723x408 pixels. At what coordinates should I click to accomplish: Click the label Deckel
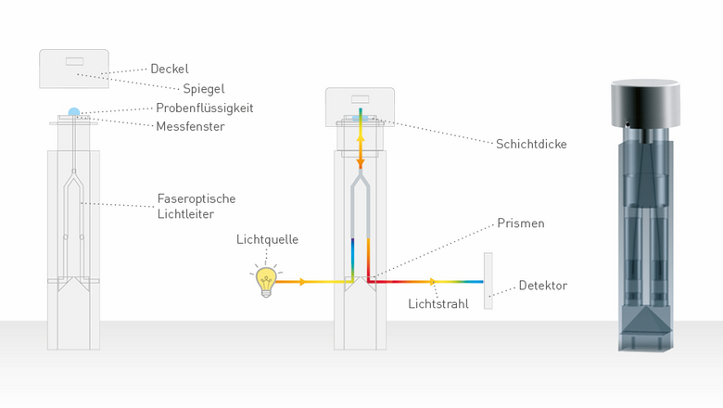[170, 69]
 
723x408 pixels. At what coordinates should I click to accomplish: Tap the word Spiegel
[204, 89]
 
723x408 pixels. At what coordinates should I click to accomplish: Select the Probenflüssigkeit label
[205, 108]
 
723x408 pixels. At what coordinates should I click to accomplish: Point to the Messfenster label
[190, 126]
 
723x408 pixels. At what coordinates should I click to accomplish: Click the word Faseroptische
[197, 198]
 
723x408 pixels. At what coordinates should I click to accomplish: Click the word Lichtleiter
[185, 214]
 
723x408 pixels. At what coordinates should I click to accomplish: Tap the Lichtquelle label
[268, 239]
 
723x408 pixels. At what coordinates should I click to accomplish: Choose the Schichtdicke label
[531, 145]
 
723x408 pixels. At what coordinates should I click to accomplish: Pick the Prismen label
[521, 223]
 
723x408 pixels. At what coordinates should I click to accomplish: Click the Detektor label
[542, 286]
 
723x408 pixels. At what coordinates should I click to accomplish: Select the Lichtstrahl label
[438, 304]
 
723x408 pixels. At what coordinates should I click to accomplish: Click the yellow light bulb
[266, 280]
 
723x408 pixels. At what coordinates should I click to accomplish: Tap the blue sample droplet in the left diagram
[74, 112]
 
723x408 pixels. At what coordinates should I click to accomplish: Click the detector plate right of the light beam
[488, 281]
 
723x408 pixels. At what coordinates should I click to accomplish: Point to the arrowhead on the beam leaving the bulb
[302, 282]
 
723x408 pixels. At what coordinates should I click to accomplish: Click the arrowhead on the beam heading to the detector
[433, 282]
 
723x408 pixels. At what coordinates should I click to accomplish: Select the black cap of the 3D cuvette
[645, 103]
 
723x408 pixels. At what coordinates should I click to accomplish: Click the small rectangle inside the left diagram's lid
[74, 61]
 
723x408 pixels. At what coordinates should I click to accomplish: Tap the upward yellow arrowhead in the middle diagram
[361, 137]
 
